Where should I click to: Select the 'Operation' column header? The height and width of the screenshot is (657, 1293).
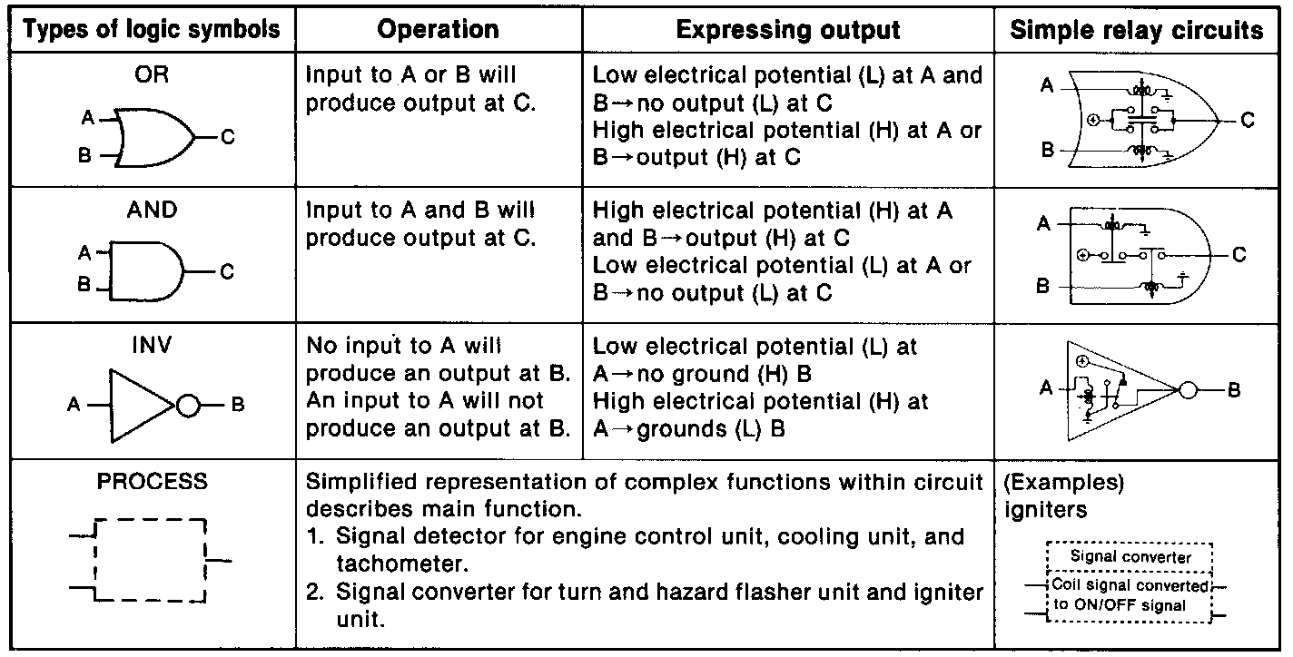438,30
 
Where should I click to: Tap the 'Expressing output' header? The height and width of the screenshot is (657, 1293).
788,30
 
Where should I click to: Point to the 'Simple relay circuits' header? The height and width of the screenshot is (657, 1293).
1137,30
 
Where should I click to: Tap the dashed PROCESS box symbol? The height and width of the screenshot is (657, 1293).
151,562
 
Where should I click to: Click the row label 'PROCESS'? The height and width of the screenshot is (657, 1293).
152,482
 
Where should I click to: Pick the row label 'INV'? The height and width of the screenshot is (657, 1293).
152,346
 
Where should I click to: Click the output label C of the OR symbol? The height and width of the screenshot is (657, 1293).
227,138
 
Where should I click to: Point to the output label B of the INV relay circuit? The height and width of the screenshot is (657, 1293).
1233,390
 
